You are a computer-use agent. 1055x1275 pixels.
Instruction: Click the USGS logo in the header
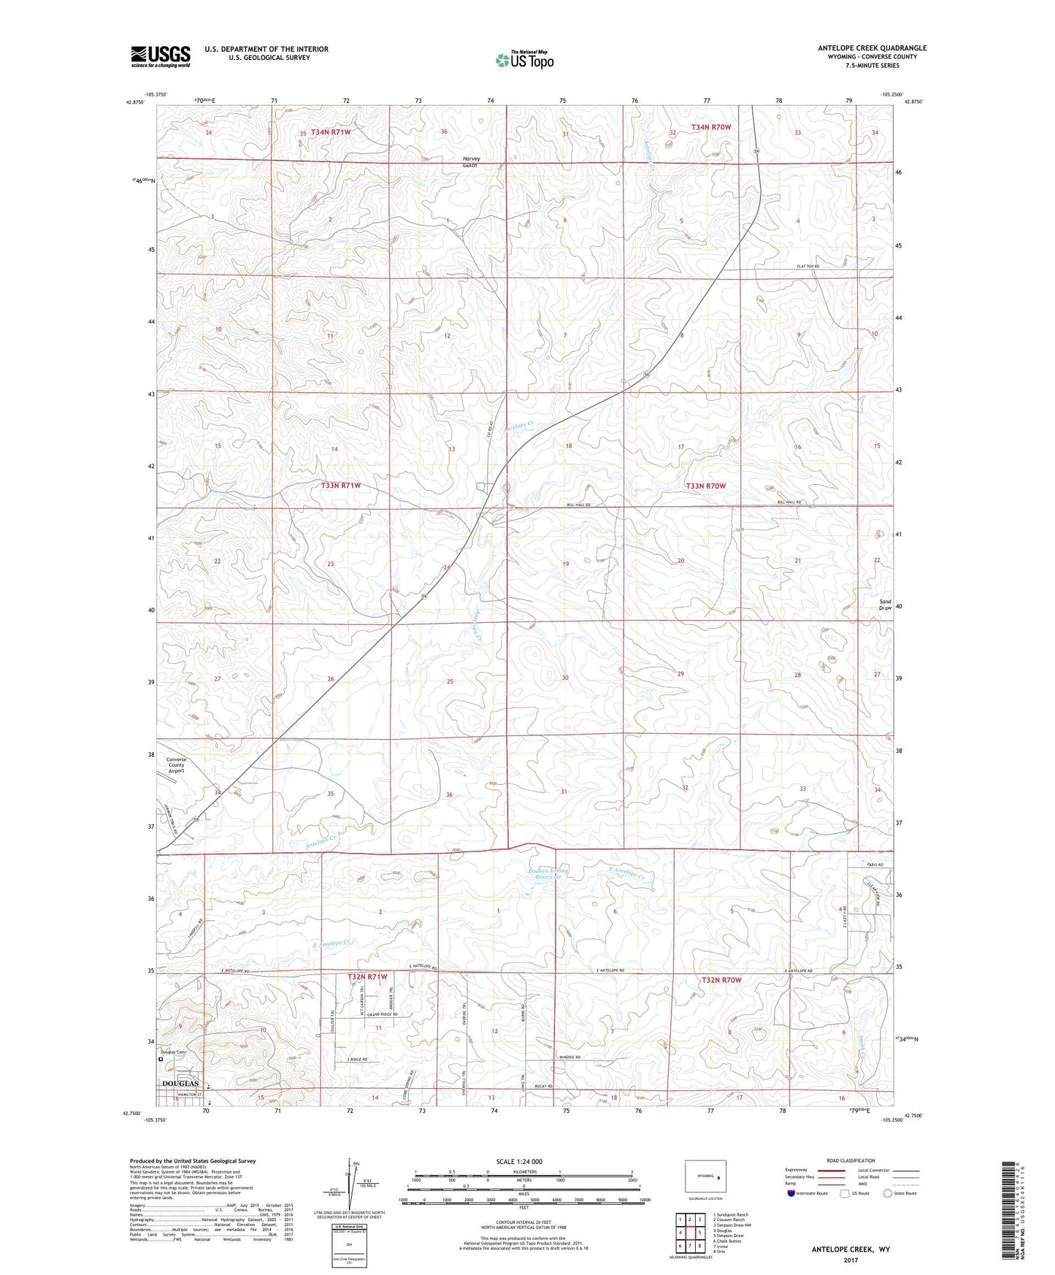[160, 56]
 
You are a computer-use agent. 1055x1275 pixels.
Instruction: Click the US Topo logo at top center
[523, 60]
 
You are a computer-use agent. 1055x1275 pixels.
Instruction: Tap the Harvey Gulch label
[469, 162]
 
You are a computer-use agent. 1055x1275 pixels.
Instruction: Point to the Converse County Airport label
[176, 765]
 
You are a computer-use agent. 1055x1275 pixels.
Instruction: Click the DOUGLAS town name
[180, 1083]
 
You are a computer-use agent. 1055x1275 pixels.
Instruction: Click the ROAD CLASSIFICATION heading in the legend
[851, 1160]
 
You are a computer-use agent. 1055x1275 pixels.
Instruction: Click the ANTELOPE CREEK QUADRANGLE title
[872, 48]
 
